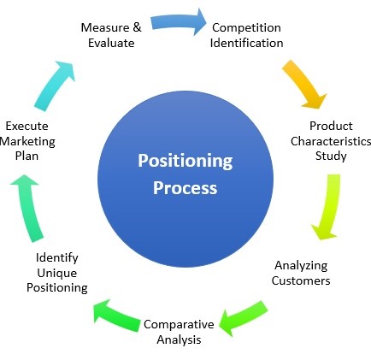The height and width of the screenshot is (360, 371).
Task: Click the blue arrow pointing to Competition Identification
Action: click(x=178, y=22)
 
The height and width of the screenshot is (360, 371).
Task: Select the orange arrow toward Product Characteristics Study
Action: click(x=303, y=84)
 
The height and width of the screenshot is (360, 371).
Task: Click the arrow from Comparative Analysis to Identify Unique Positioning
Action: click(x=116, y=316)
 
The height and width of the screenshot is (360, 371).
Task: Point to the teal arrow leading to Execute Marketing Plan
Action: click(x=27, y=208)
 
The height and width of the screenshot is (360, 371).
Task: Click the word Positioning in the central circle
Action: click(x=185, y=162)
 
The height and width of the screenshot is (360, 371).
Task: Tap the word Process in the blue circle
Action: click(x=185, y=188)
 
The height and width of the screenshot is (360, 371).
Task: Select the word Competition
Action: click(x=246, y=28)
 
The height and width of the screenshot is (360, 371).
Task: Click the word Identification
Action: click(x=246, y=43)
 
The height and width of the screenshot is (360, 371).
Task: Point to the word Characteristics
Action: click(x=331, y=141)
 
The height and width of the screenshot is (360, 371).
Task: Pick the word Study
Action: click(x=331, y=156)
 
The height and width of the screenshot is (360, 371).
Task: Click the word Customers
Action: click(x=301, y=280)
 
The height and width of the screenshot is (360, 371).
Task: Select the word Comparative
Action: click(x=179, y=325)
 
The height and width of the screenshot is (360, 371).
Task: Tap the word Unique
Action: click(x=57, y=274)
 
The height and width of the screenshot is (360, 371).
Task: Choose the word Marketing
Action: click(x=27, y=142)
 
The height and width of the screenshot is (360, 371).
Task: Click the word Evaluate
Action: click(x=111, y=43)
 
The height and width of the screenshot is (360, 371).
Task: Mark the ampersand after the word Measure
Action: click(x=137, y=27)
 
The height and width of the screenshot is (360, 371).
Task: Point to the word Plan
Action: click(x=26, y=156)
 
